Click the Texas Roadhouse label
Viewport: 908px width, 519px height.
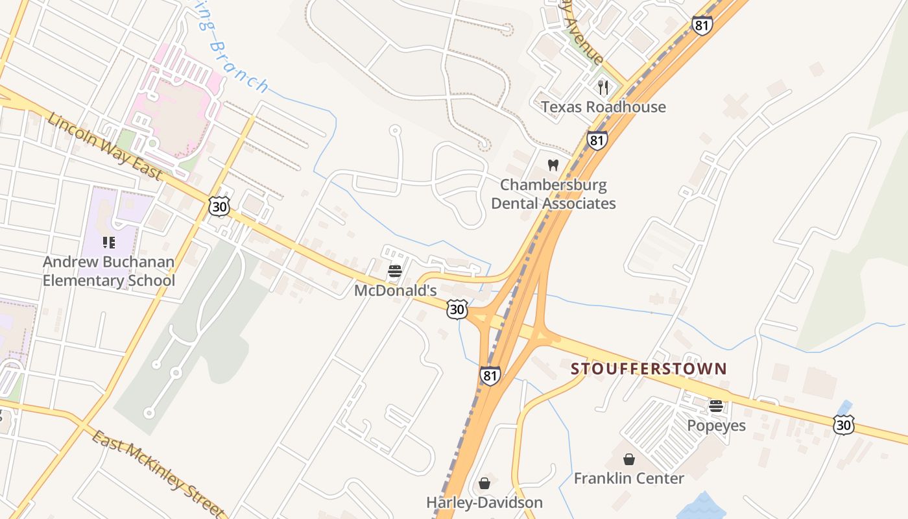pos(603,107)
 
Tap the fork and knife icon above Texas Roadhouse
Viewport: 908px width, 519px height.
pos(603,87)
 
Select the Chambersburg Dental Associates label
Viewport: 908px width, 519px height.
pos(553,194)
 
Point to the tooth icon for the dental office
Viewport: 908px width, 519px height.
pos(553,165)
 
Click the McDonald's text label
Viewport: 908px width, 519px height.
pos(395,291)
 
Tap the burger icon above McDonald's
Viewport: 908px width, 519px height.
pos(395,271)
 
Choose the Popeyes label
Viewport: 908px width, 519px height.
pos(716,426)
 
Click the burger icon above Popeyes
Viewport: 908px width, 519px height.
pos(716,406)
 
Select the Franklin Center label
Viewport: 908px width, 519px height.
pos(628,479)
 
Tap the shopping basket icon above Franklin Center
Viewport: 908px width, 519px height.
pos(628,459)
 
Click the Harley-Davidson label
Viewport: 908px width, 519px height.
pos(484,503)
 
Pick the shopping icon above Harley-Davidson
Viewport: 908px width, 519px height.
pos(484,483)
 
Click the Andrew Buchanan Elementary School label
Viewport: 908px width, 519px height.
pos(109,271)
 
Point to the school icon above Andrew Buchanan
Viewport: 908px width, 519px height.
pos(109,243)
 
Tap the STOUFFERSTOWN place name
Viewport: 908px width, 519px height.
pos(649,369)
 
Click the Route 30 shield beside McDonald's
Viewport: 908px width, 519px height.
pos(457,309)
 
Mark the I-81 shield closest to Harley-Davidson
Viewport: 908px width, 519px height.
pos(490,375)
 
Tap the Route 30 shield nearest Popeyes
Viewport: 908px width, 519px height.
pos(843,425)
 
